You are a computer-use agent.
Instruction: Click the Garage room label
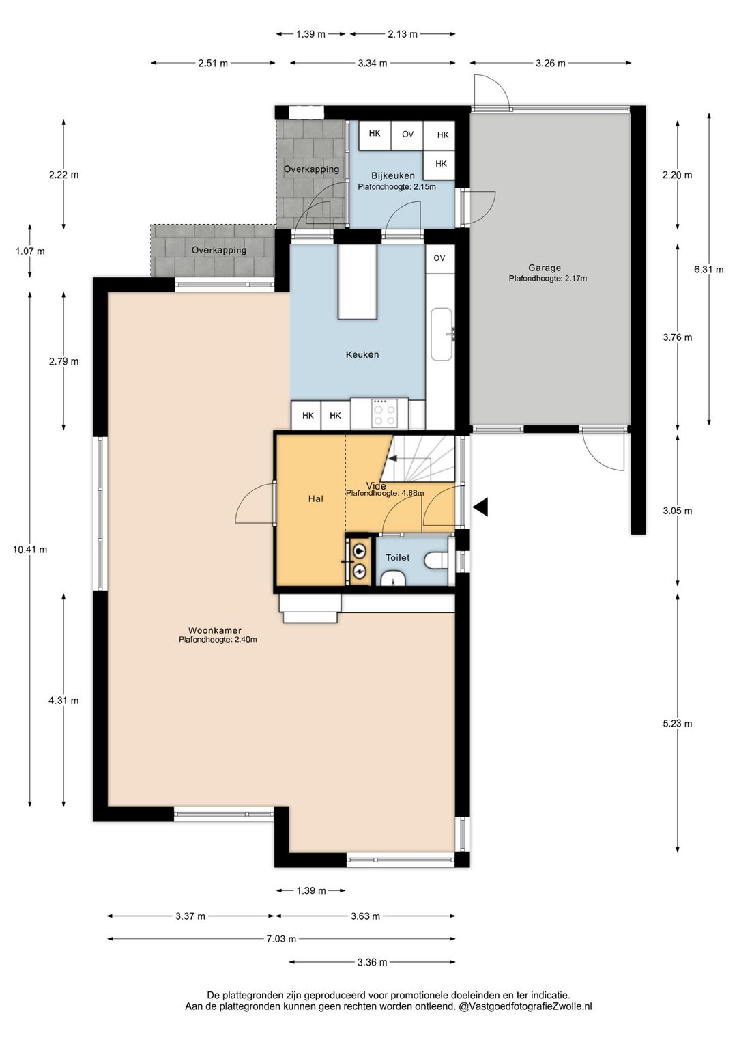(x=545, y=268)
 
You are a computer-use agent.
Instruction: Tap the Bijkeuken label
(x=393, y=175)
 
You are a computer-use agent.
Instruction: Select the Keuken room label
(x=362, y=354)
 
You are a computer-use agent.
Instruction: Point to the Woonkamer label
(x=214, y=630)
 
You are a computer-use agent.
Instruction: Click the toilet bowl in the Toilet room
(x=435, y=560)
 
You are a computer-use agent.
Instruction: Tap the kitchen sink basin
(x=442, y=334)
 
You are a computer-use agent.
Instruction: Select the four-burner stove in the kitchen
(x=385, y=412)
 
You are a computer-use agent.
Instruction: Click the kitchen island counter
(x=358, y=282)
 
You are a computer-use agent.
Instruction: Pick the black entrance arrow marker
(x=480, y=507)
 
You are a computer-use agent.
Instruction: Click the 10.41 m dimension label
(x=30, y=550)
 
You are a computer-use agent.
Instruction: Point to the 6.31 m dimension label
(x=708, y=269)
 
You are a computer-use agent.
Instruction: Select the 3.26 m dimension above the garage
(x=551, y=64)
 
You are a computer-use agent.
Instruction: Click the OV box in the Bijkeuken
(x=407, y=135)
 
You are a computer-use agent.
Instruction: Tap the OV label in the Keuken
(x=439, y=258)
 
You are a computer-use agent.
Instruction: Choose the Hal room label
(x=316, y=498)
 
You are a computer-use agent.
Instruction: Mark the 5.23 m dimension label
(x=678, y=723)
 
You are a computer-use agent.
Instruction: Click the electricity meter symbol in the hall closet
(x=360, y=571)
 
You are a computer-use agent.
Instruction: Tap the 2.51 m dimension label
(x=213, y=64)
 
